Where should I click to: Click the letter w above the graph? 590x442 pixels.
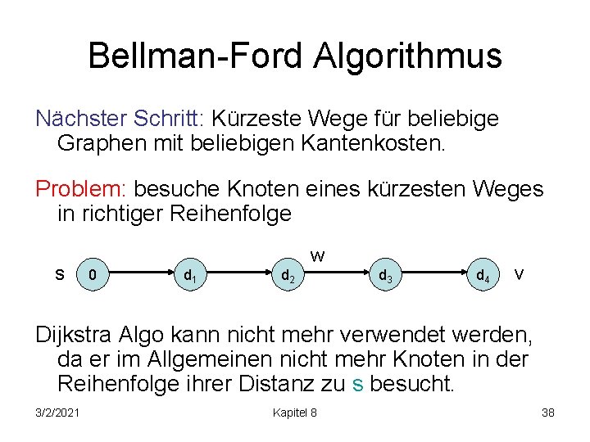[x=318, y=255]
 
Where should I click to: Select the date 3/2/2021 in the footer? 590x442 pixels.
[x=57, y=413]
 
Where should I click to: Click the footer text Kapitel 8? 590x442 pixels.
[x=294, y=413]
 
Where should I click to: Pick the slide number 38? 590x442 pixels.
[x=548, y=413]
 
